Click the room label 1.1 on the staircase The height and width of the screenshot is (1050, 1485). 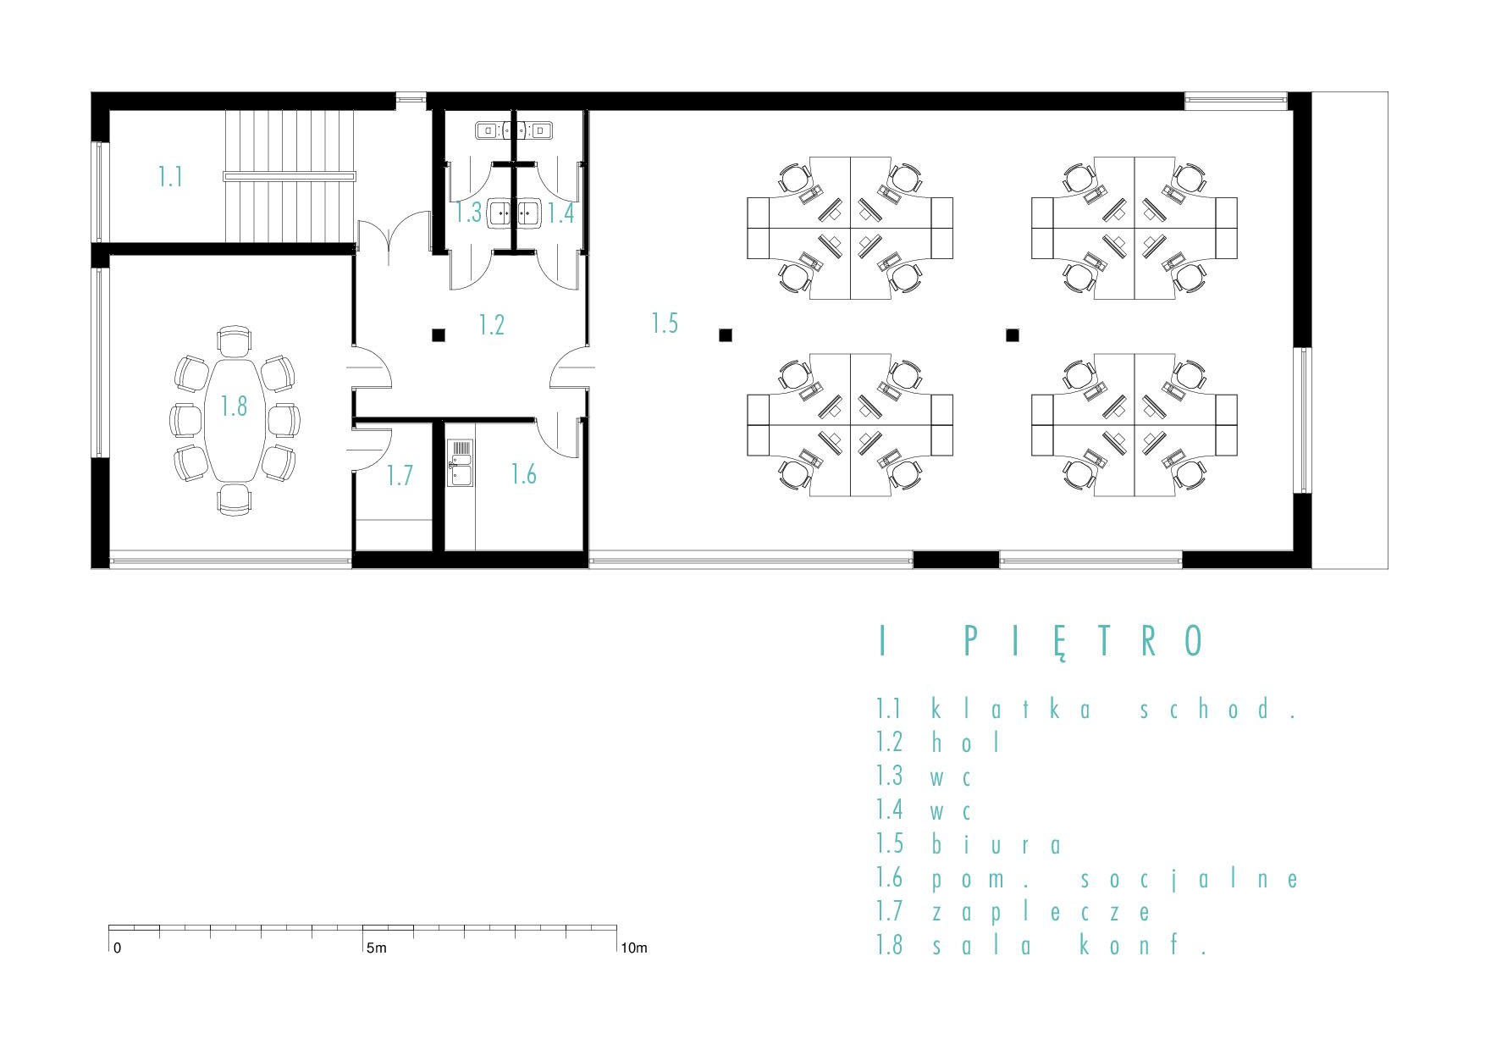pyautogui.click(x=170, y=176)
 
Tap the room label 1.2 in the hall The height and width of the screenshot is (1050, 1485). pyautogui.click(x=491, y=324)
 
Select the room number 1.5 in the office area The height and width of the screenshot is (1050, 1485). pyautogui.click(x=665, y=323)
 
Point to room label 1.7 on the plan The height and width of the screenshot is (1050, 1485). pyautogui.click(x=400, y=475)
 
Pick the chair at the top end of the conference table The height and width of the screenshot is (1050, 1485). pyautogui.click(x=235, y=341)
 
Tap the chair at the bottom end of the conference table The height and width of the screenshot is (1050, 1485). pyautogui.click(x=235, y=500)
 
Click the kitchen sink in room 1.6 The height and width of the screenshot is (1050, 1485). pyautogui.click(x=460, y=463)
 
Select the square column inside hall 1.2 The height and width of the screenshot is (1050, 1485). pyautogui.click(x=439, y=335)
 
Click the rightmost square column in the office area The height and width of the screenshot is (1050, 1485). pyautogui.click(x=1012, y=335)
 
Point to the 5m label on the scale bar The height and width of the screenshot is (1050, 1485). pyautogui.click(x=376, y=948)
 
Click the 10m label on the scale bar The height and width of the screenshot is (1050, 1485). pyautogui.click(x=634, y=948)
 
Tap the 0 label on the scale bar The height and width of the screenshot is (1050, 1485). pyautogui.click(x=117, y=948)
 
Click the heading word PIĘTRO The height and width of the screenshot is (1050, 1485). pyautogui.click(x=1085, y=641)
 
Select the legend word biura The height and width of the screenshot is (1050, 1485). pyautogui.click(x=996, y=844)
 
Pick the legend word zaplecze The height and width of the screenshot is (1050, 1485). pyautogui.click(x=1042, y=912)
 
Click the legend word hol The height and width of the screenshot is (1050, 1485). pyautogui.click(x=966, y=743)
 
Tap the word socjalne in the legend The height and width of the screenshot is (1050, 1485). pyautogui.click(x=1190, y=879)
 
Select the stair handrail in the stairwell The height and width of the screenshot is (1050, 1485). pyautogui.click(x=290, y=176)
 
